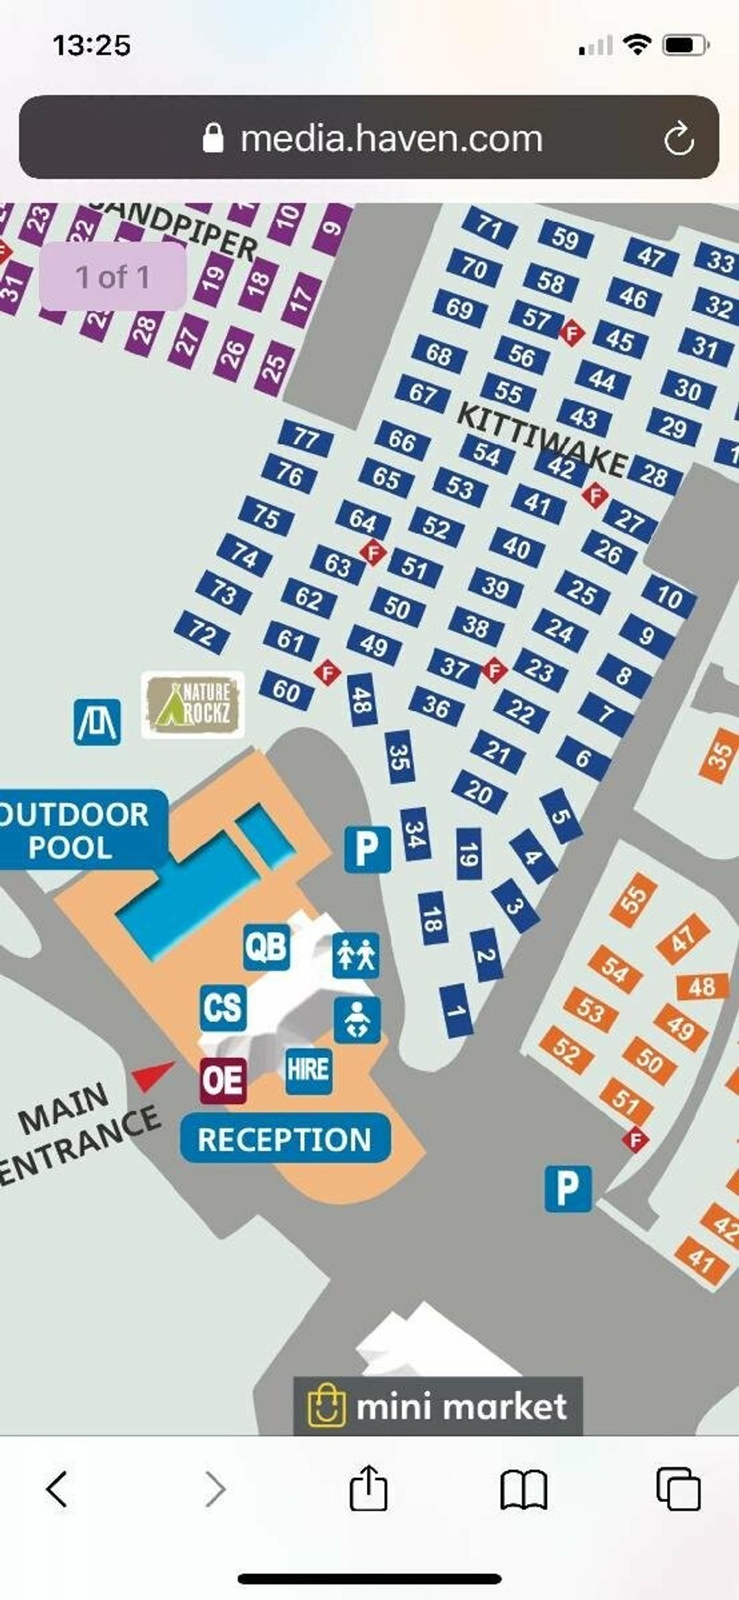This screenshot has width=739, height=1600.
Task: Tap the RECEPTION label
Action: click(x=284, y=1139)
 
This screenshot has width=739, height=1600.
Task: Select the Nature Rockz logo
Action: click(x=193, y=704)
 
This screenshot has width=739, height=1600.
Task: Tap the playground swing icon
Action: click(x=97, y=722)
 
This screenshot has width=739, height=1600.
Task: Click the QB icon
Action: click(x=267, y=947)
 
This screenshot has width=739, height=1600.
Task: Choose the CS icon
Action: click(x=223, y=1007)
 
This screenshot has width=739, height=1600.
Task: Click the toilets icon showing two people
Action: click(x=356, y=955)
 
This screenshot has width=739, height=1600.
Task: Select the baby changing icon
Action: click(x=357, y=1020)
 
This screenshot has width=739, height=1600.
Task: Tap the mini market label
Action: click(x=438, y=1407)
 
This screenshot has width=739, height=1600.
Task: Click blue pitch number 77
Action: click(x=306, y=438)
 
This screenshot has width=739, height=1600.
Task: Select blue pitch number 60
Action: click(x=287, y=690)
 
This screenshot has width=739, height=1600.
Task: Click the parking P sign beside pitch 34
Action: click(x=367, y=849)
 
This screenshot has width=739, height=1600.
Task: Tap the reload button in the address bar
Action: click(x=679, y=138)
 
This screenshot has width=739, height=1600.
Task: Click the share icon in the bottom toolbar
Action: click(x=369, y=1488)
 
